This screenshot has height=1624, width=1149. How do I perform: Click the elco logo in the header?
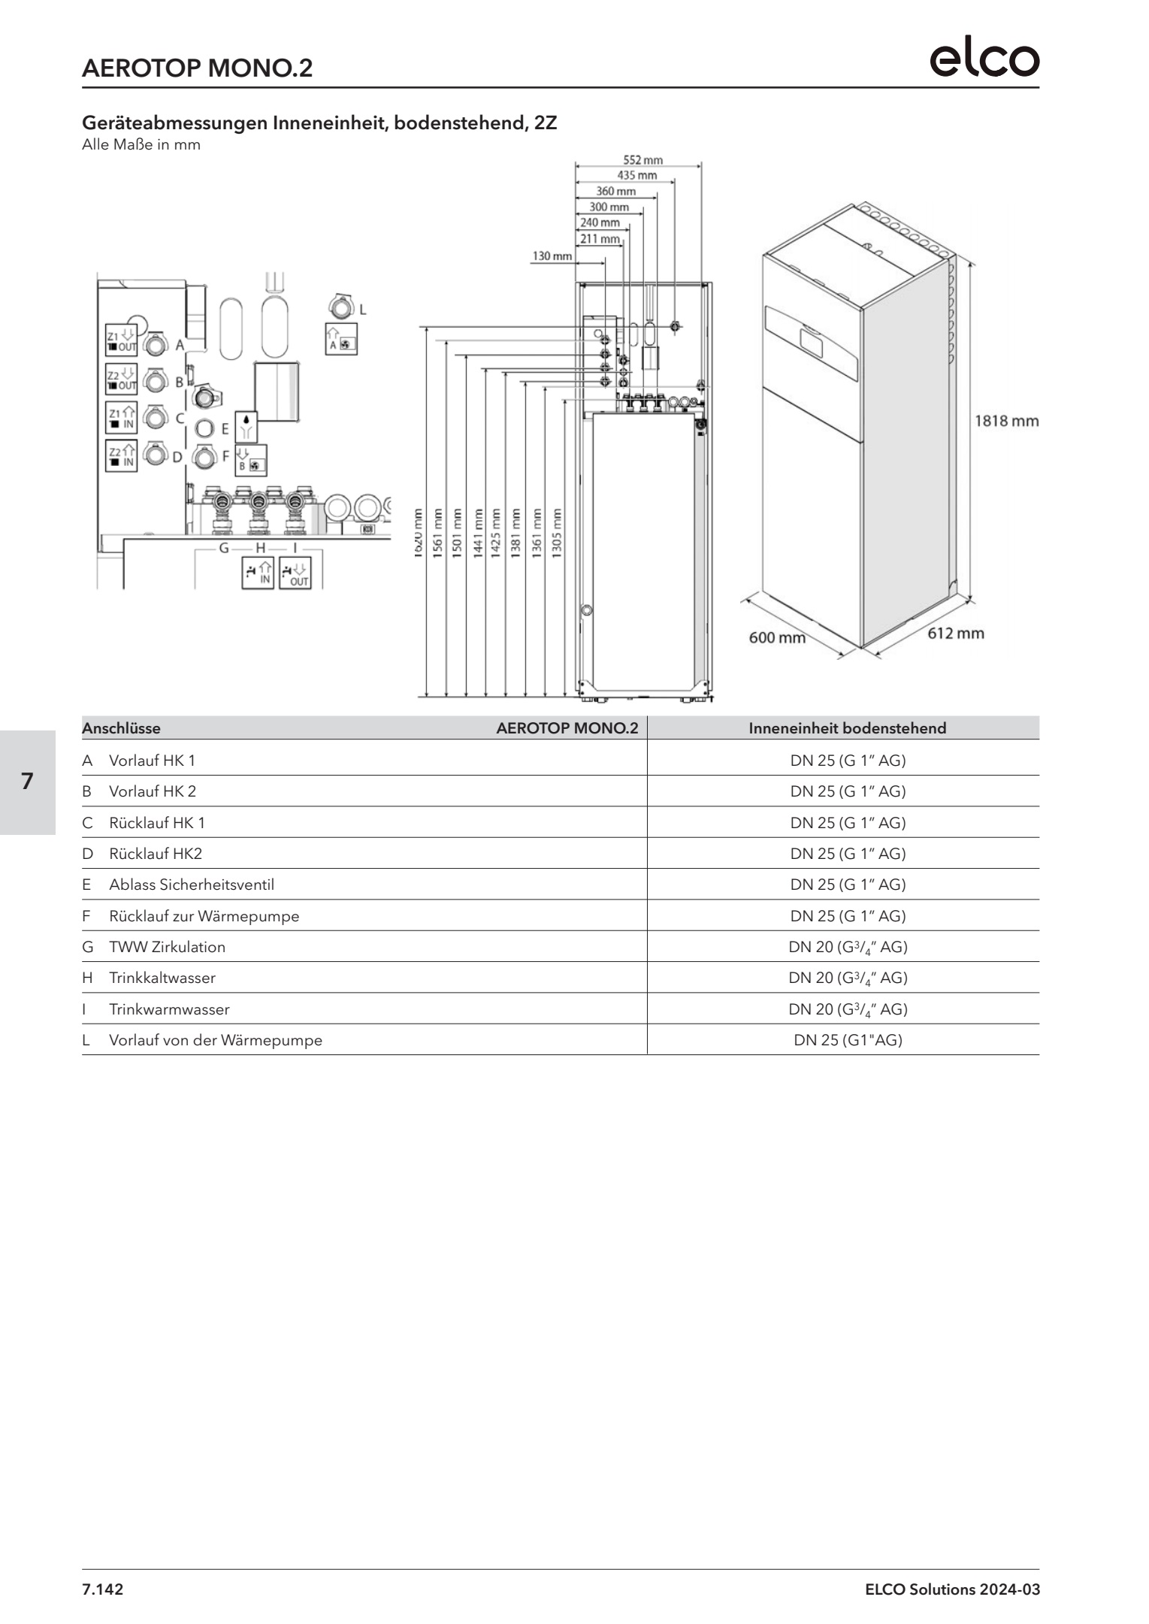pyautogui.click(x=984, y=59)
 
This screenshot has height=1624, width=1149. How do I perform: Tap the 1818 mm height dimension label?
pyautogui.click(x=1006, y=421)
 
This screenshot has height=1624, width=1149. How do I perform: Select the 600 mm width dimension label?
pyautogui.click(x=777, y=638)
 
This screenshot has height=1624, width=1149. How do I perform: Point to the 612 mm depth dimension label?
pyautogui.click(x=955, y=634)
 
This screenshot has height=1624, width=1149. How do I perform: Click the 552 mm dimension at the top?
pyautogui.click(x=643, y=160)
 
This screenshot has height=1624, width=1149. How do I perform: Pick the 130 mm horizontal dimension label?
pyautogui.click(x=552, y=256)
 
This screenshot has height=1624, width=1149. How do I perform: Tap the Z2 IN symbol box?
pyautogui.click(x=121, y=457)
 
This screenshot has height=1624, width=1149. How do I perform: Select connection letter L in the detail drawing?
pyautogui.click(x=363, y=309)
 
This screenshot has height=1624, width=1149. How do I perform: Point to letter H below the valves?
pyautogui.click(x=261, y=548)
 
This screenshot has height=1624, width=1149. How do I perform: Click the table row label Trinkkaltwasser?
pyautogui.click(x=162, y=978)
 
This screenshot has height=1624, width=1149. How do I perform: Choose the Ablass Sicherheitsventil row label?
pyautogui.click(x=191, y=885)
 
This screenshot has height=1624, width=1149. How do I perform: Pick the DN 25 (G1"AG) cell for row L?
pyautogui.click(x=848, y=1040)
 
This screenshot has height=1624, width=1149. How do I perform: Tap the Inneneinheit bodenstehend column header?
pyautogui.click(x=847, y=728)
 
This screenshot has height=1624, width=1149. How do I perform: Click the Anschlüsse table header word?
pyautogui.click(x=121, y=728)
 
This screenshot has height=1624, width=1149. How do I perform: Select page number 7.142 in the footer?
pyautogui.click(x=102, y=1589)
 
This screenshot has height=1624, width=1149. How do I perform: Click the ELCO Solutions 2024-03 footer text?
pyautogui.click(x=952, y=1589)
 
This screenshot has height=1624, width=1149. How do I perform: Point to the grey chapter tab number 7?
pyautogui.click(x=27, y=782)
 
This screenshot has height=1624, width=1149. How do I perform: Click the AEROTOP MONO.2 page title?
pyautogui.click(x=197, y=68)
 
